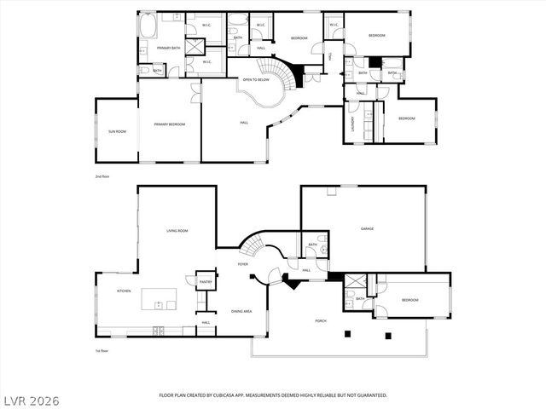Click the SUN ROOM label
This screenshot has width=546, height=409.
pos(117,131)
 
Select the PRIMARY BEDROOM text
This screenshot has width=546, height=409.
pos(170,124)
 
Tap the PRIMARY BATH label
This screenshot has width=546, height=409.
pos(168,49)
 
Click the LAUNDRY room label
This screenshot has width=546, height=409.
pos(352,124)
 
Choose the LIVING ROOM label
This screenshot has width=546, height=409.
pos(177,231)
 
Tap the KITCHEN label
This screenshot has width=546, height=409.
pos(124,291)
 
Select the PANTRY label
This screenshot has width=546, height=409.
pos(205,281)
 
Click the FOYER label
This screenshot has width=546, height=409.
pos(243,264)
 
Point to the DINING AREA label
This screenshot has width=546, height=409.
pos(241,311)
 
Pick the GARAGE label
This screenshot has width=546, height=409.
pos(368,228)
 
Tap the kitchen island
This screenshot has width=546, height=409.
pos(160,298)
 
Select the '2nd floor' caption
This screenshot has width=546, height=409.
pos(102,176)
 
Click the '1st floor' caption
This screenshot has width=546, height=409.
pos(102,350)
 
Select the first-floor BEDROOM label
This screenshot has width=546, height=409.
pos(410,300)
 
